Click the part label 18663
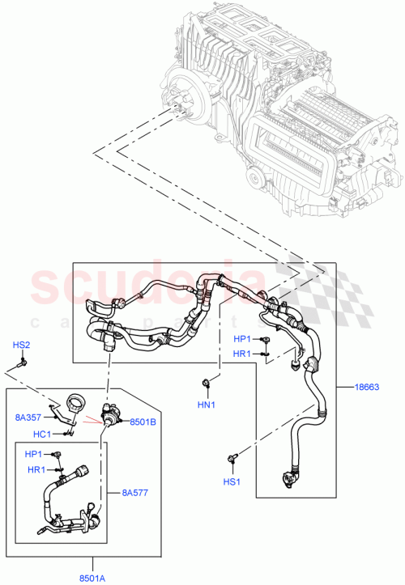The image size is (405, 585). point(366,388)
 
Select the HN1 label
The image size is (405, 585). point(206,404)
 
